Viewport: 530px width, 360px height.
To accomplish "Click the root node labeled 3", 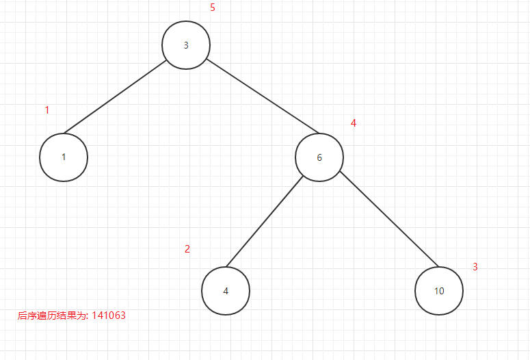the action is [186, 45].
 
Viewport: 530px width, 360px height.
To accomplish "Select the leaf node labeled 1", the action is [64, 157].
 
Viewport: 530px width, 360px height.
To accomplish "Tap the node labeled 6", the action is [319, 157].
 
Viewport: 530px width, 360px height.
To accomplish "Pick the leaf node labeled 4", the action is [226, 290].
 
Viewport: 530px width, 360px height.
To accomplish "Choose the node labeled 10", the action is [439, 291].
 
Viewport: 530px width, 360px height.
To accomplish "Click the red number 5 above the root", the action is [213, 8].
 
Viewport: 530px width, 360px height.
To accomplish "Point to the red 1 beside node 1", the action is [47, 110].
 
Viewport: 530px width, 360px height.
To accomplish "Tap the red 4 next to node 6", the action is [354, 123].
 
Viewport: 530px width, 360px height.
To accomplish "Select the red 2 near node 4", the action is [187, 249].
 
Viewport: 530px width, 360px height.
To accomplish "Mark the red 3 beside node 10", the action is [475, 267].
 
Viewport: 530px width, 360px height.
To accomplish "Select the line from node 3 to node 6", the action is [263, 96].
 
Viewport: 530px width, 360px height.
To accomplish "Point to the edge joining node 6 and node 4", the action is [265, 222].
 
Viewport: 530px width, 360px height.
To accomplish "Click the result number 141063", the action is [109, 316].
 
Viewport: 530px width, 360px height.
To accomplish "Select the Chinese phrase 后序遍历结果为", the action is [52, 316].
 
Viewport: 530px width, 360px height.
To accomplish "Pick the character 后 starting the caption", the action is [22, 316].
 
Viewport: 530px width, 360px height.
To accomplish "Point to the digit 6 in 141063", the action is [116, 316].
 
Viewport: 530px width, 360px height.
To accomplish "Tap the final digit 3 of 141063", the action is [122, 316].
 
